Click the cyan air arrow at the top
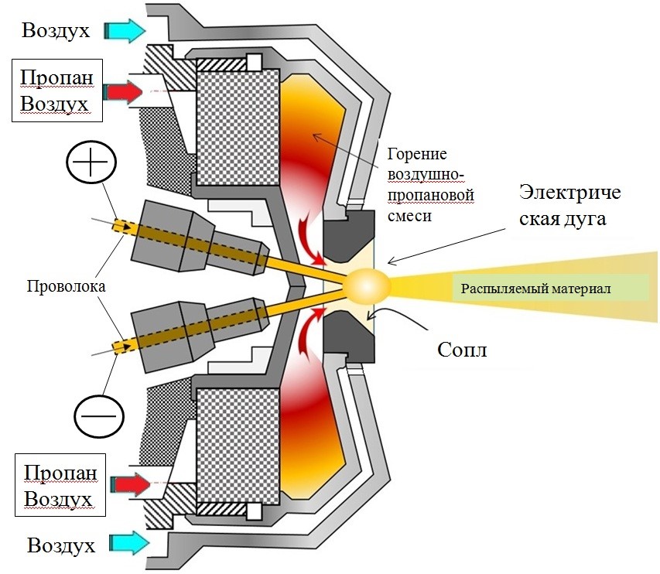tap(125, 30)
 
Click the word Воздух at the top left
tap(56, 31)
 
